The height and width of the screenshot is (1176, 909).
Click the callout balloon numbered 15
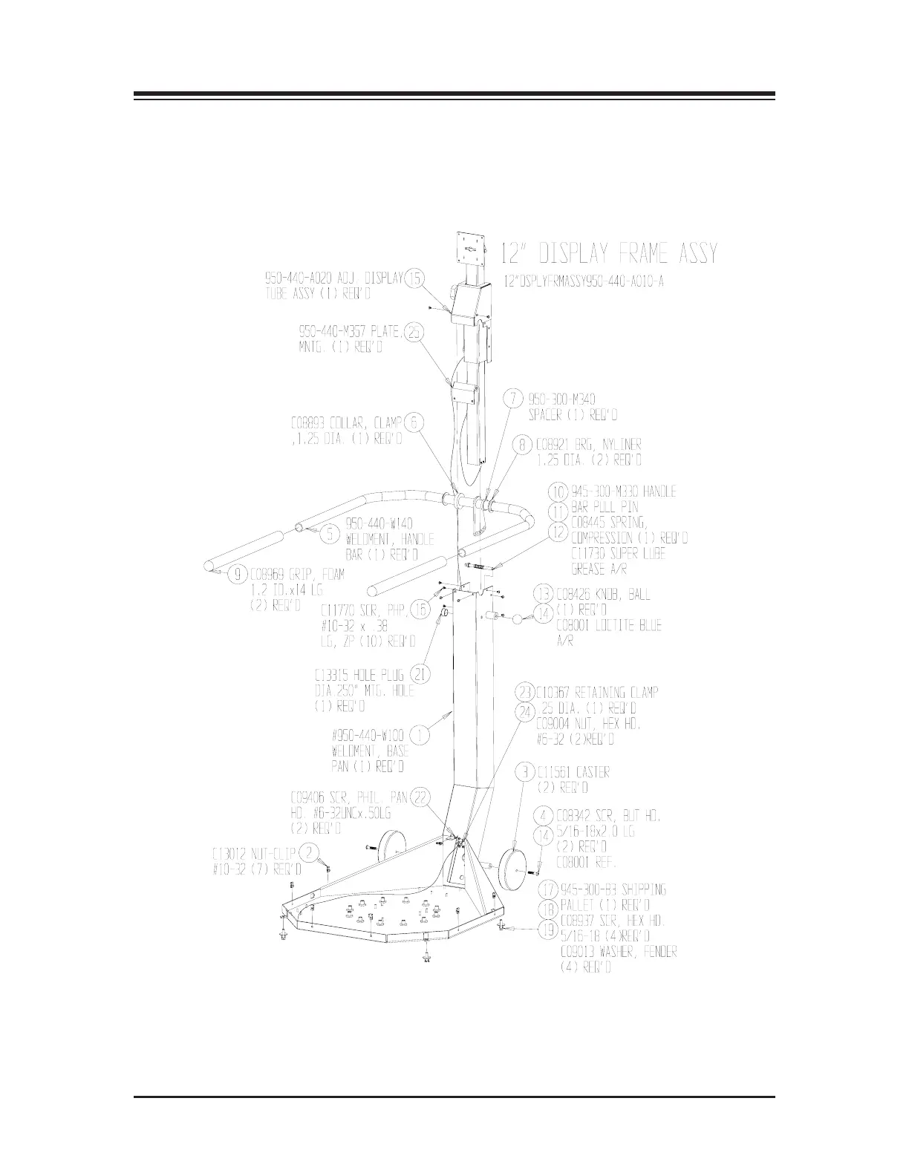click(415, 278)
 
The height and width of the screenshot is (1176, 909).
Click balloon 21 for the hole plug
click(420, 675)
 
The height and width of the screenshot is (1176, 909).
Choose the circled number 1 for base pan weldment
click(420, 736)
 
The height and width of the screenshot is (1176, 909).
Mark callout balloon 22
click(420, 797)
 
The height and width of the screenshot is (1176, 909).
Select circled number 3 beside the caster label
click(525, 772)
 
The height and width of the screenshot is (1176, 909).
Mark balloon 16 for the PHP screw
click(420, 609)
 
